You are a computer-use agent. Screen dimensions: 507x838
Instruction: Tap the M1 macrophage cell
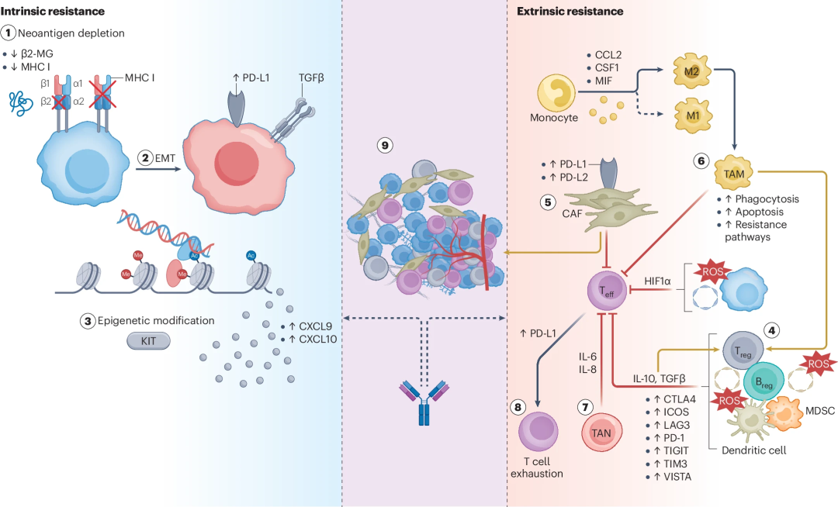coord(692,116)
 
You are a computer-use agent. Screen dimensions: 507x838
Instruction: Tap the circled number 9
coord(385,144)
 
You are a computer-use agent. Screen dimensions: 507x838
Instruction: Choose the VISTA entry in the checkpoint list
coord(672,477)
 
